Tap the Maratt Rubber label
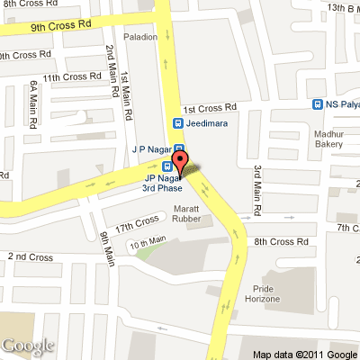[191, 212]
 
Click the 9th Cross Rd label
[60, 27]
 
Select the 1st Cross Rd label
[210, 106]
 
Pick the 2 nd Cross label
[31, 257]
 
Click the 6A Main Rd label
[33, 97]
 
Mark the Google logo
[27, 346]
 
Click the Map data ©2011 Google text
[304, 354]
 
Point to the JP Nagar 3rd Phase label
[162, 183]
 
